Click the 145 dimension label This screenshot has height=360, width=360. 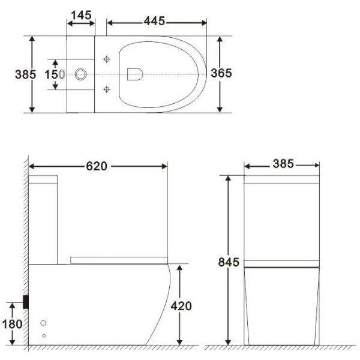(x=80, y=13)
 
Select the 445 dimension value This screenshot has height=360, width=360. (x=154, y=22)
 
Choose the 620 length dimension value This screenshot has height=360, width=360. (x=97, y=166)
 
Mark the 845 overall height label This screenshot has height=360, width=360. (x=229, y=262)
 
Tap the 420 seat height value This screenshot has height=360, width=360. (x=181, y=306)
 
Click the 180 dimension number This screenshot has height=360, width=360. (x=12, y=325)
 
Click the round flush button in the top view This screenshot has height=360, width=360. (x=80, y=75)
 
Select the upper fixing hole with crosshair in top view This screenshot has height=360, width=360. (x=107, y=59)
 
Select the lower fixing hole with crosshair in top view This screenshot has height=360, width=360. (x=107, y=89)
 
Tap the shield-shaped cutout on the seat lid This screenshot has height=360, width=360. (x=135, y=74)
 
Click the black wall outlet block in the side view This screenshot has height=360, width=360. (x=26, y=302)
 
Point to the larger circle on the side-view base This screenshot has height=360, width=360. (x=43, y=323)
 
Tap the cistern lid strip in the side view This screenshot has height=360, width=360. (x=43, y=179)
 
